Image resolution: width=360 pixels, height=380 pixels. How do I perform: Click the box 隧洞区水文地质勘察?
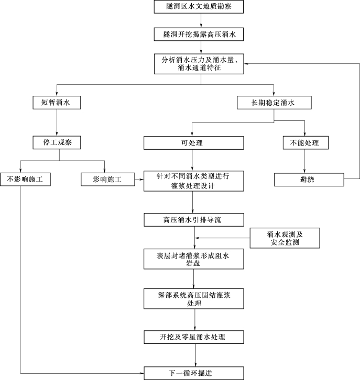pos(199,7)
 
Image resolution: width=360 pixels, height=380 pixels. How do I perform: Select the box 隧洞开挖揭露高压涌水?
pos(199,34)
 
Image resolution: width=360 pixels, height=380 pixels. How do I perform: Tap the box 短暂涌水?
pos(57,103)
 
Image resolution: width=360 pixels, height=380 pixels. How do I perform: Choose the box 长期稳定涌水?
pos(274,103)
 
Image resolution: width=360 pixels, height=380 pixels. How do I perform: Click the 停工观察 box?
pos(57,142)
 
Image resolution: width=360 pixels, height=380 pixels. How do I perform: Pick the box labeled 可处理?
pos(193,143)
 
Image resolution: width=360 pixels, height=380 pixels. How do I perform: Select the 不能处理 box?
pos(306,143)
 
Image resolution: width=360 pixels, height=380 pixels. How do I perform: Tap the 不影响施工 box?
pos(25,180)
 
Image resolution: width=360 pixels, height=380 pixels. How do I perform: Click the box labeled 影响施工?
pos(108,180)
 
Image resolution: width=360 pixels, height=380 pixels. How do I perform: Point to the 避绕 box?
pos(309,180)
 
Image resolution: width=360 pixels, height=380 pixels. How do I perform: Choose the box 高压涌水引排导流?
pos(194,220)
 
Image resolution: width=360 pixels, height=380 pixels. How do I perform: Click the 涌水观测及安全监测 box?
pos(285,238)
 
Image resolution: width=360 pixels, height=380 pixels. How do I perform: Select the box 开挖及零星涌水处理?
pos(194,337)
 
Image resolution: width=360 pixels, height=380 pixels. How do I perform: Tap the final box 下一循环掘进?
pos(194,373)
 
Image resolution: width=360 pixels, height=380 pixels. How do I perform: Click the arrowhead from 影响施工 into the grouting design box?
pos(142,180)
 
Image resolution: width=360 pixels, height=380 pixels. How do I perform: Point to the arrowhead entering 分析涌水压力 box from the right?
pos(246,64)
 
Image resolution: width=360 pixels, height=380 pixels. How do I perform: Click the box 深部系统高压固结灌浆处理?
pos(193,298)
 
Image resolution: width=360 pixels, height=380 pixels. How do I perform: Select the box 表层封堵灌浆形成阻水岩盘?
pos(193,259)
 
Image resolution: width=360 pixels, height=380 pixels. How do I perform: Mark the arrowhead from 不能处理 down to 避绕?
pos(304,171)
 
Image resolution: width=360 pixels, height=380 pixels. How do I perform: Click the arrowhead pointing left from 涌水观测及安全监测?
pos(197,238)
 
